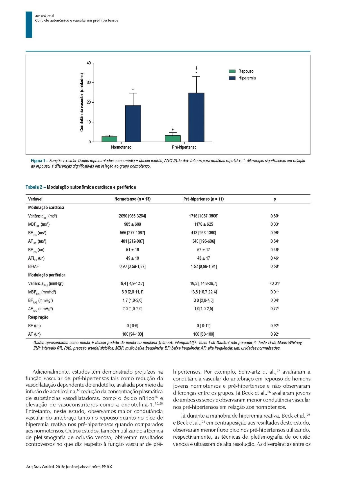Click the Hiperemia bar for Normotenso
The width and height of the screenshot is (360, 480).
coord(133,124)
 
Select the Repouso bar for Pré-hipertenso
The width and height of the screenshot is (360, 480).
coord(173,139)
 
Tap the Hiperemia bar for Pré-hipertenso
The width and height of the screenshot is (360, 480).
coord(196,117)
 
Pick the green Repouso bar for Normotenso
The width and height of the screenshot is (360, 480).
coord(109,139)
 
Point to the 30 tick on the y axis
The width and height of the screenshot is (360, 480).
coord(89,83)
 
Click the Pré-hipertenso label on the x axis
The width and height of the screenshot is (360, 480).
coord(184,147)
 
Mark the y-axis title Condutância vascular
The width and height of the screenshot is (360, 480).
coord(82,102)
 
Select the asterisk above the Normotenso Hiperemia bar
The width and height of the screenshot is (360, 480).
coord(133,90)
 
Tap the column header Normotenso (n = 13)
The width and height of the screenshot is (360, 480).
coord(132,199)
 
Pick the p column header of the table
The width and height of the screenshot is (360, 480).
coord(274,199)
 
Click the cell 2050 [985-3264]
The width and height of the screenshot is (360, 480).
coord(132,216)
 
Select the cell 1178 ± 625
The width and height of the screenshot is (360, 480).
coord(203,225)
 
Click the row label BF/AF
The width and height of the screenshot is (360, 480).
coord(33,267)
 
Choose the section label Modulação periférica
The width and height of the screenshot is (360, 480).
coord(47,275)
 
